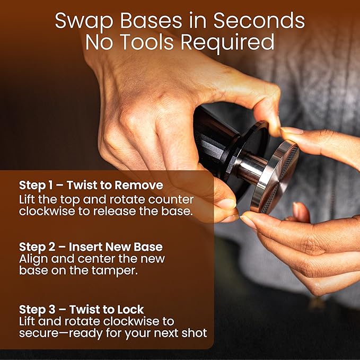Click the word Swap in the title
[84, 21]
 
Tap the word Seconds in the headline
[259, 21]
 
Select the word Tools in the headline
[147, 42]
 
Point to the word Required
[227, 42]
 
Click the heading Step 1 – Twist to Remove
[91, 185]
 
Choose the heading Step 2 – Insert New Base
[91, 247]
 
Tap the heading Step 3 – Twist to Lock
[81, 309]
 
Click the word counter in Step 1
[171, 200]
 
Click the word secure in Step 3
[39, 333]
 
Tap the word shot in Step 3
[194, 333]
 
